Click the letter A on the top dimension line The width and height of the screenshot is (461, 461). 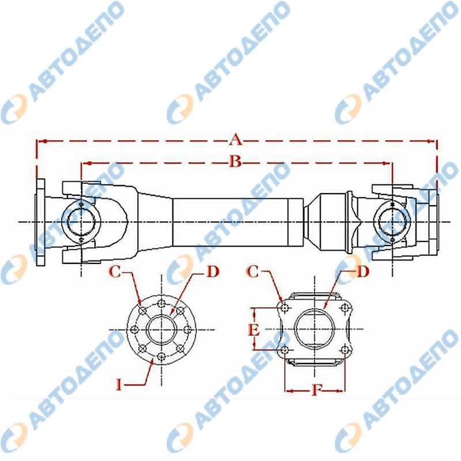[236, 139]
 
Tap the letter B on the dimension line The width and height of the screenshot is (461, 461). [236, 161]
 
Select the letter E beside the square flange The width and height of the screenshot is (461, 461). [254, 330]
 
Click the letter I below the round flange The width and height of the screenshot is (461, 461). [119, 384]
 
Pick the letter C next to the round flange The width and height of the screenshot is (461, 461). [115, 271]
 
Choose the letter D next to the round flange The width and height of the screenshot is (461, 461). [213, 271]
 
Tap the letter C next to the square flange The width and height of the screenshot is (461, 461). [252, 271]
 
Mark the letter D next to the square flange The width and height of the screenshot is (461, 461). [363, 271]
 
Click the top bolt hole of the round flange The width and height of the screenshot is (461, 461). [161, 304]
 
